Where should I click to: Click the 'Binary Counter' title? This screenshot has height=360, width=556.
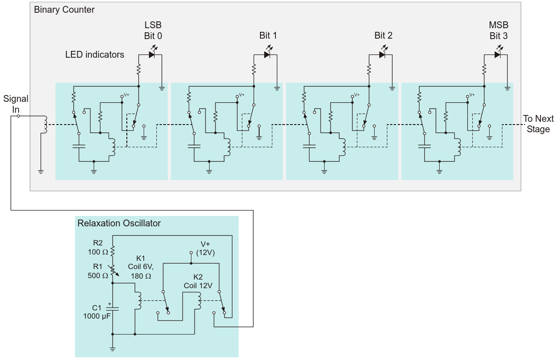pos(64,10)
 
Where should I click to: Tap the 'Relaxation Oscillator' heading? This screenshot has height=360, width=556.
pos(119,223)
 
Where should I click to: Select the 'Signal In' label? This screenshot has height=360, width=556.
pos(15,104)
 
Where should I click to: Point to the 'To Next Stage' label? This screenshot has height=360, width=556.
pos(538,124)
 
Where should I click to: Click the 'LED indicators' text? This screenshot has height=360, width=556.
pos(95,55)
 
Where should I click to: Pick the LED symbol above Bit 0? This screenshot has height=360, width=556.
pos(152,55)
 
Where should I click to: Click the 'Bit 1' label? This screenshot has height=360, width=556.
pos(268,35)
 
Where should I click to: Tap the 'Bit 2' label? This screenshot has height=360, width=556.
pos(383,35)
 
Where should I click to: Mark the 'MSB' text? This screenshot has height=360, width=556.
pos(498,25)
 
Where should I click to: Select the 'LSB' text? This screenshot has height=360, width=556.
pos(153,25)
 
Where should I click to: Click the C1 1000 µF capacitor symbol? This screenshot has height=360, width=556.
pos(112,309)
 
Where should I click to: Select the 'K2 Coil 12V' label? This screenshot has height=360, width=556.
pos(198,281)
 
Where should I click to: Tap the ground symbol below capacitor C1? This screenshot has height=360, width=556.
pos(112,349)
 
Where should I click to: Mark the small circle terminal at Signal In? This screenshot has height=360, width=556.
pos(18,116)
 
